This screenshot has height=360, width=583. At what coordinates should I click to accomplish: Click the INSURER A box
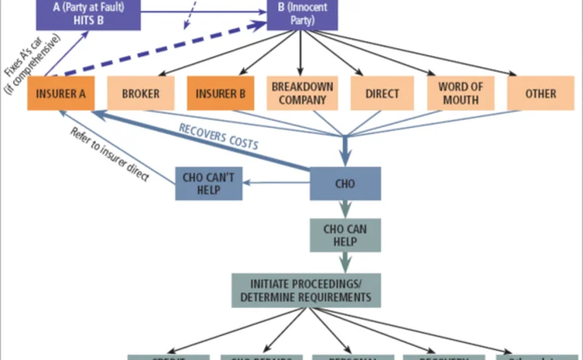(x=61, y=94)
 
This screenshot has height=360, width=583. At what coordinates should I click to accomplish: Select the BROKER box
(x=141, y=94)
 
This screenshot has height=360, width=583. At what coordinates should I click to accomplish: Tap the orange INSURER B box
(x=221, y=94)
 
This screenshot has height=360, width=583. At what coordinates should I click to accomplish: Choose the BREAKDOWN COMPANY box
(x=301, y=94)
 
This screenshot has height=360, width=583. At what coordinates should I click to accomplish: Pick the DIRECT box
(x=381, y=94)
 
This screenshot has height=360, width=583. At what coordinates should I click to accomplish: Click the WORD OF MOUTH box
(x=461, y=94)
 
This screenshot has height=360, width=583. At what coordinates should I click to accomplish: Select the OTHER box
(x=540, y=94)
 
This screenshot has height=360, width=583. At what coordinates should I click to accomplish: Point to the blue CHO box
(x=346, y=184)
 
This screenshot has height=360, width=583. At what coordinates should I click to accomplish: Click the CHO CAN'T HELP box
(x=208, y=184)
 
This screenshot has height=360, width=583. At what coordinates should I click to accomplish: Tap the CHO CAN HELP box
(x=346, y=234)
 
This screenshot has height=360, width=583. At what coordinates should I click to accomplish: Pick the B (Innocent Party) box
(x=302, y=14)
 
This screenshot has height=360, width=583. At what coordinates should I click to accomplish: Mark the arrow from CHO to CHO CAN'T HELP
(x=276, y=184)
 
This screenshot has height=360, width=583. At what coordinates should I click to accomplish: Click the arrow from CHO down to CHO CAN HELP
(x=346, y=208)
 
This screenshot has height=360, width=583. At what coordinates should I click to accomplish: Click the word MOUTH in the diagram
(x=461, y=100)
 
